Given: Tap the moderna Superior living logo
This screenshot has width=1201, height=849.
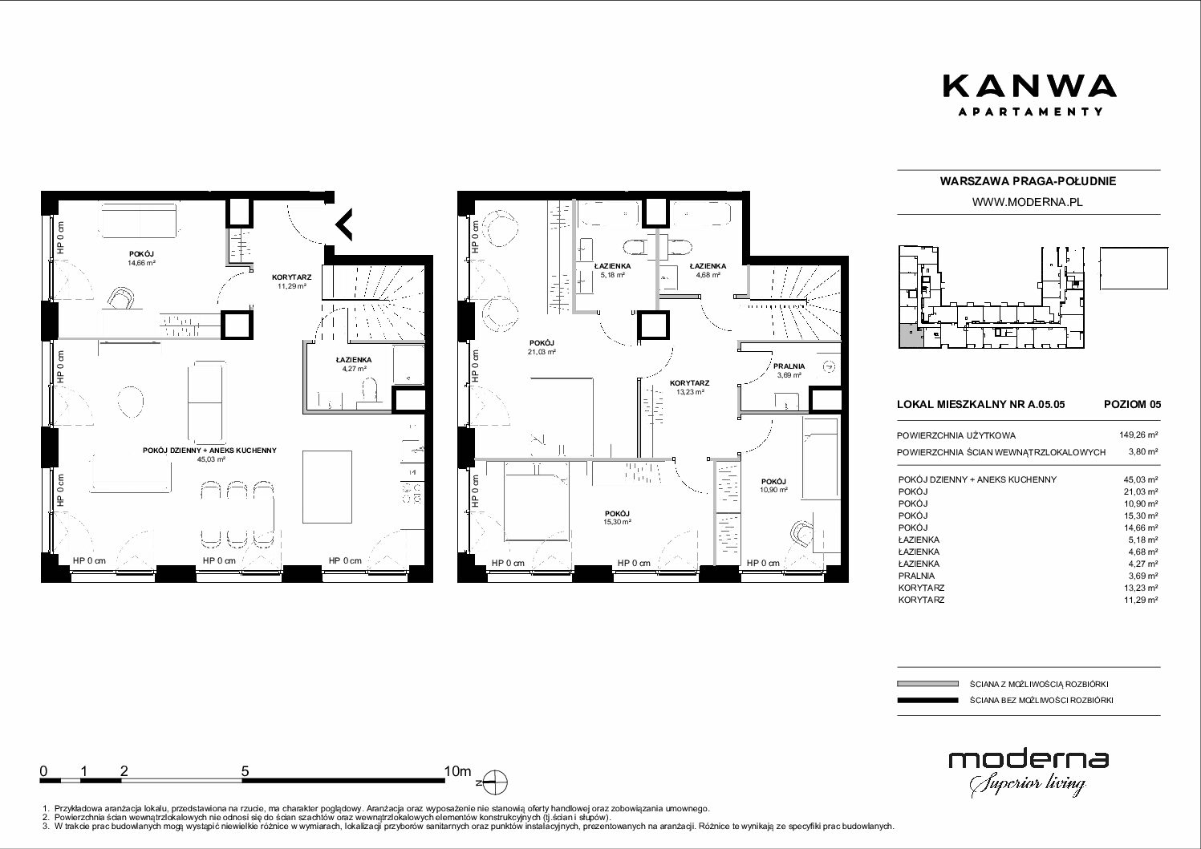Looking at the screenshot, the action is point(1029,774).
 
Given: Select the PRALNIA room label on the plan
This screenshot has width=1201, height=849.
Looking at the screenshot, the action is point(789,366).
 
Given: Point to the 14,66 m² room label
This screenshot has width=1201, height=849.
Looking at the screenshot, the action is point(141,263).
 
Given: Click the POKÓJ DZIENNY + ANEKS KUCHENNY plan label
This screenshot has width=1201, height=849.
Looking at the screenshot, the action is point(209,451).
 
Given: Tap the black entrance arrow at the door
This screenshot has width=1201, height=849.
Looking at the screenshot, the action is point(344,224).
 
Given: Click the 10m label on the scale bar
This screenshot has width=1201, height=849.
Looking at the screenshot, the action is point(457,771).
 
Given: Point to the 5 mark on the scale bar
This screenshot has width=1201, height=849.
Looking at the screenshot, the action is point(245,771).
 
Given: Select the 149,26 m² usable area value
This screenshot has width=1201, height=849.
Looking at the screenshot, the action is point(1138,435).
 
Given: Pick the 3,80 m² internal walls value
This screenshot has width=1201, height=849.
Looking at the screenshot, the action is point(1143,451).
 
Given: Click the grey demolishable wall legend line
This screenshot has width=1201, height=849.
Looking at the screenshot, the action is point(927,684).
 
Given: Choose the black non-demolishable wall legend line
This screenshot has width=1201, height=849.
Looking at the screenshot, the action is point(927,700).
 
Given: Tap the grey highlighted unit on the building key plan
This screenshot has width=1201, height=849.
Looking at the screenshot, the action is point(907,337).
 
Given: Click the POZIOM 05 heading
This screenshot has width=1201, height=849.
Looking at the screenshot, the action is point(1132,404).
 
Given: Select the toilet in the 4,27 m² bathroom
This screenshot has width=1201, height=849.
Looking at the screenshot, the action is point(369,390).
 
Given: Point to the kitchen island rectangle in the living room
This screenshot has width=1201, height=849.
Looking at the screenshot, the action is point(327,487).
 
